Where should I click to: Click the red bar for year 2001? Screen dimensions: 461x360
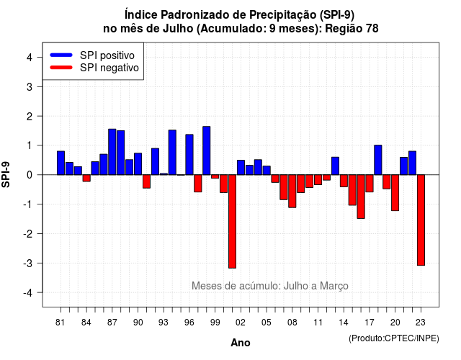232,221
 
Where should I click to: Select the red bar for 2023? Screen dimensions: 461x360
421,220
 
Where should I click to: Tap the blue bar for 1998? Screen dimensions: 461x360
207,150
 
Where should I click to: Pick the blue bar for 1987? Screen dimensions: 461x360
112,152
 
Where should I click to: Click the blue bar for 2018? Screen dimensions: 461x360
378,160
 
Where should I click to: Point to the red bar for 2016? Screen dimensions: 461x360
361,197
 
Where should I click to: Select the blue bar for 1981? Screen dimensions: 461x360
61,163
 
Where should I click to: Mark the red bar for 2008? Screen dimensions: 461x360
292,191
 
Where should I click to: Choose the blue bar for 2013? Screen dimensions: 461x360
335,166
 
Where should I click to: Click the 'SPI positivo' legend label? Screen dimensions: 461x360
107,55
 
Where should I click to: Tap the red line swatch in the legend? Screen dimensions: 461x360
61,68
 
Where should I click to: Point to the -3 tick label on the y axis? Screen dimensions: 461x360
28,263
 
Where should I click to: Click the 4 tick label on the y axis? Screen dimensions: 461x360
30,57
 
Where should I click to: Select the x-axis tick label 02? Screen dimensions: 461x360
241,323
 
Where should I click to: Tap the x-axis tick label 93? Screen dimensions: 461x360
164,323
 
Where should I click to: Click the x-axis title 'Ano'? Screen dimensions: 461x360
241,343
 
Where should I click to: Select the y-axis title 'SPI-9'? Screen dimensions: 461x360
6,174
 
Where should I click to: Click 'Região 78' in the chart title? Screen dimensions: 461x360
352,29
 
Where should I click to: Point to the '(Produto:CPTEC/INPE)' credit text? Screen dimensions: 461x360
394,338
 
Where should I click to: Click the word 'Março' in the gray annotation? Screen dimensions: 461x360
334,286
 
